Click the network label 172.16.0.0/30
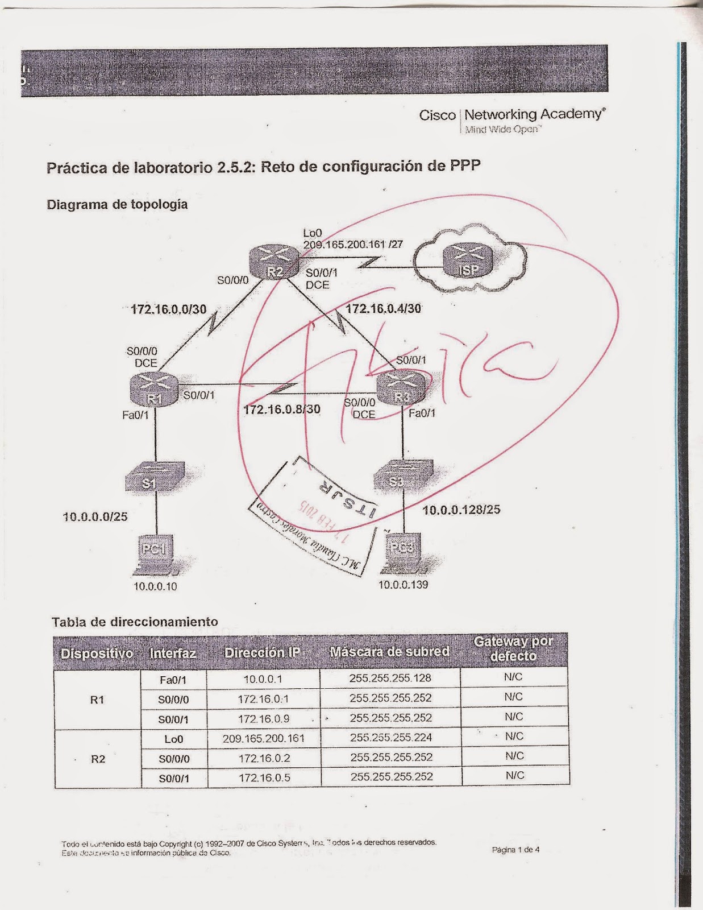(168, 309)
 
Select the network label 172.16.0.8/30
(281, 409)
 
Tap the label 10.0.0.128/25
(461, 510)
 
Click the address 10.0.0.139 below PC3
(403, 585)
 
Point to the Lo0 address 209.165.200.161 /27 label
(352, 245)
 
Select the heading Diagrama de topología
(117, 204)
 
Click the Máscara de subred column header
(389, 652)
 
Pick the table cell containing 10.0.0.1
(263, 679)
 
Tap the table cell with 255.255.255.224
(391, 738)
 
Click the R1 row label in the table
(97, 699)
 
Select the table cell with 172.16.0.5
(264, 777)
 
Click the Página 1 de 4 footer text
(515, 850)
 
